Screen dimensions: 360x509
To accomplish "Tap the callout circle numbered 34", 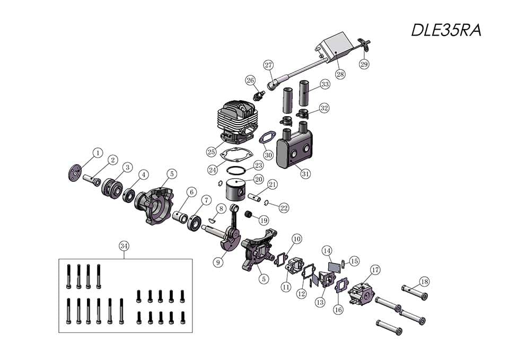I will pos(124,246).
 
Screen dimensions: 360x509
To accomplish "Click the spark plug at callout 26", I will pos(260,95).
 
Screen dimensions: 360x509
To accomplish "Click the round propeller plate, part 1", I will pos(73,172).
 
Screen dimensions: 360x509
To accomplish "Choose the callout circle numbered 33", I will pos(324,84).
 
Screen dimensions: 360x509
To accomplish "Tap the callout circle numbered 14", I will pos(327,250).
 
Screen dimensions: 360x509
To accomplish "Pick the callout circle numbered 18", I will pos(424,281).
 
